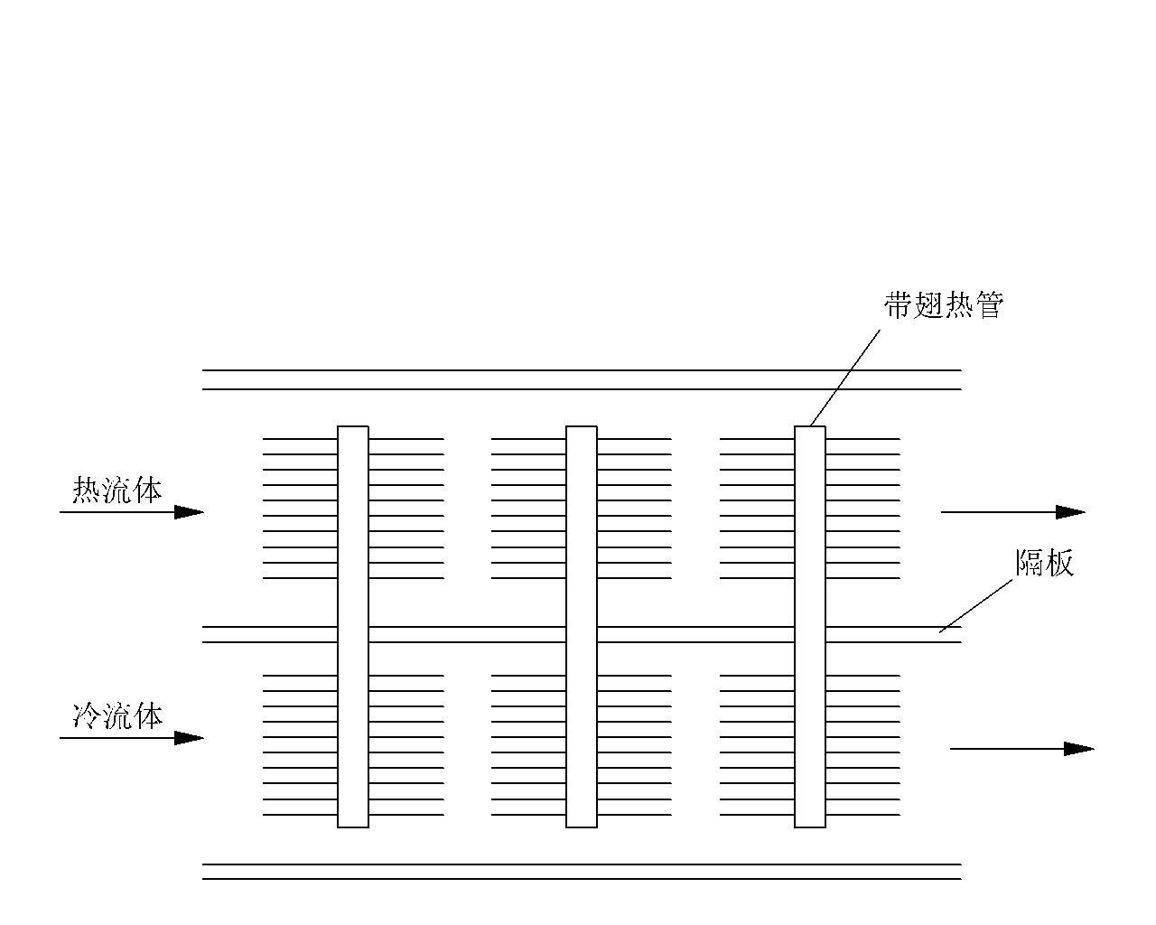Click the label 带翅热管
click(944, 305)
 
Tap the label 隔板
click(1044, 563)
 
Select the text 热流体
click(117, 490)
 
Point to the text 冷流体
click(117, 716)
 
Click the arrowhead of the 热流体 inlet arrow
click(189, 512)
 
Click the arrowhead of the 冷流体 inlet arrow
click(189, 738)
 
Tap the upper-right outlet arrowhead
click(1070, 512)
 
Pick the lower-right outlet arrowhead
click(1079, 749)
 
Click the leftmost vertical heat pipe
click(353, 627)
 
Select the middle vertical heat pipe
click(582, 627)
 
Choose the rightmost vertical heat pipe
click(810, 627)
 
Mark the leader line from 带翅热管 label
click(845, 378)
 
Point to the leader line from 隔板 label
click(975, 606)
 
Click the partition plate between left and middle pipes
click(467, 634)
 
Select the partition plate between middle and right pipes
click(695, 634)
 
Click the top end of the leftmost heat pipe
click(353, 426)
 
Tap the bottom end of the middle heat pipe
click(582, 827)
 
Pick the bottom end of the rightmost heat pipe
click(810, 827)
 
